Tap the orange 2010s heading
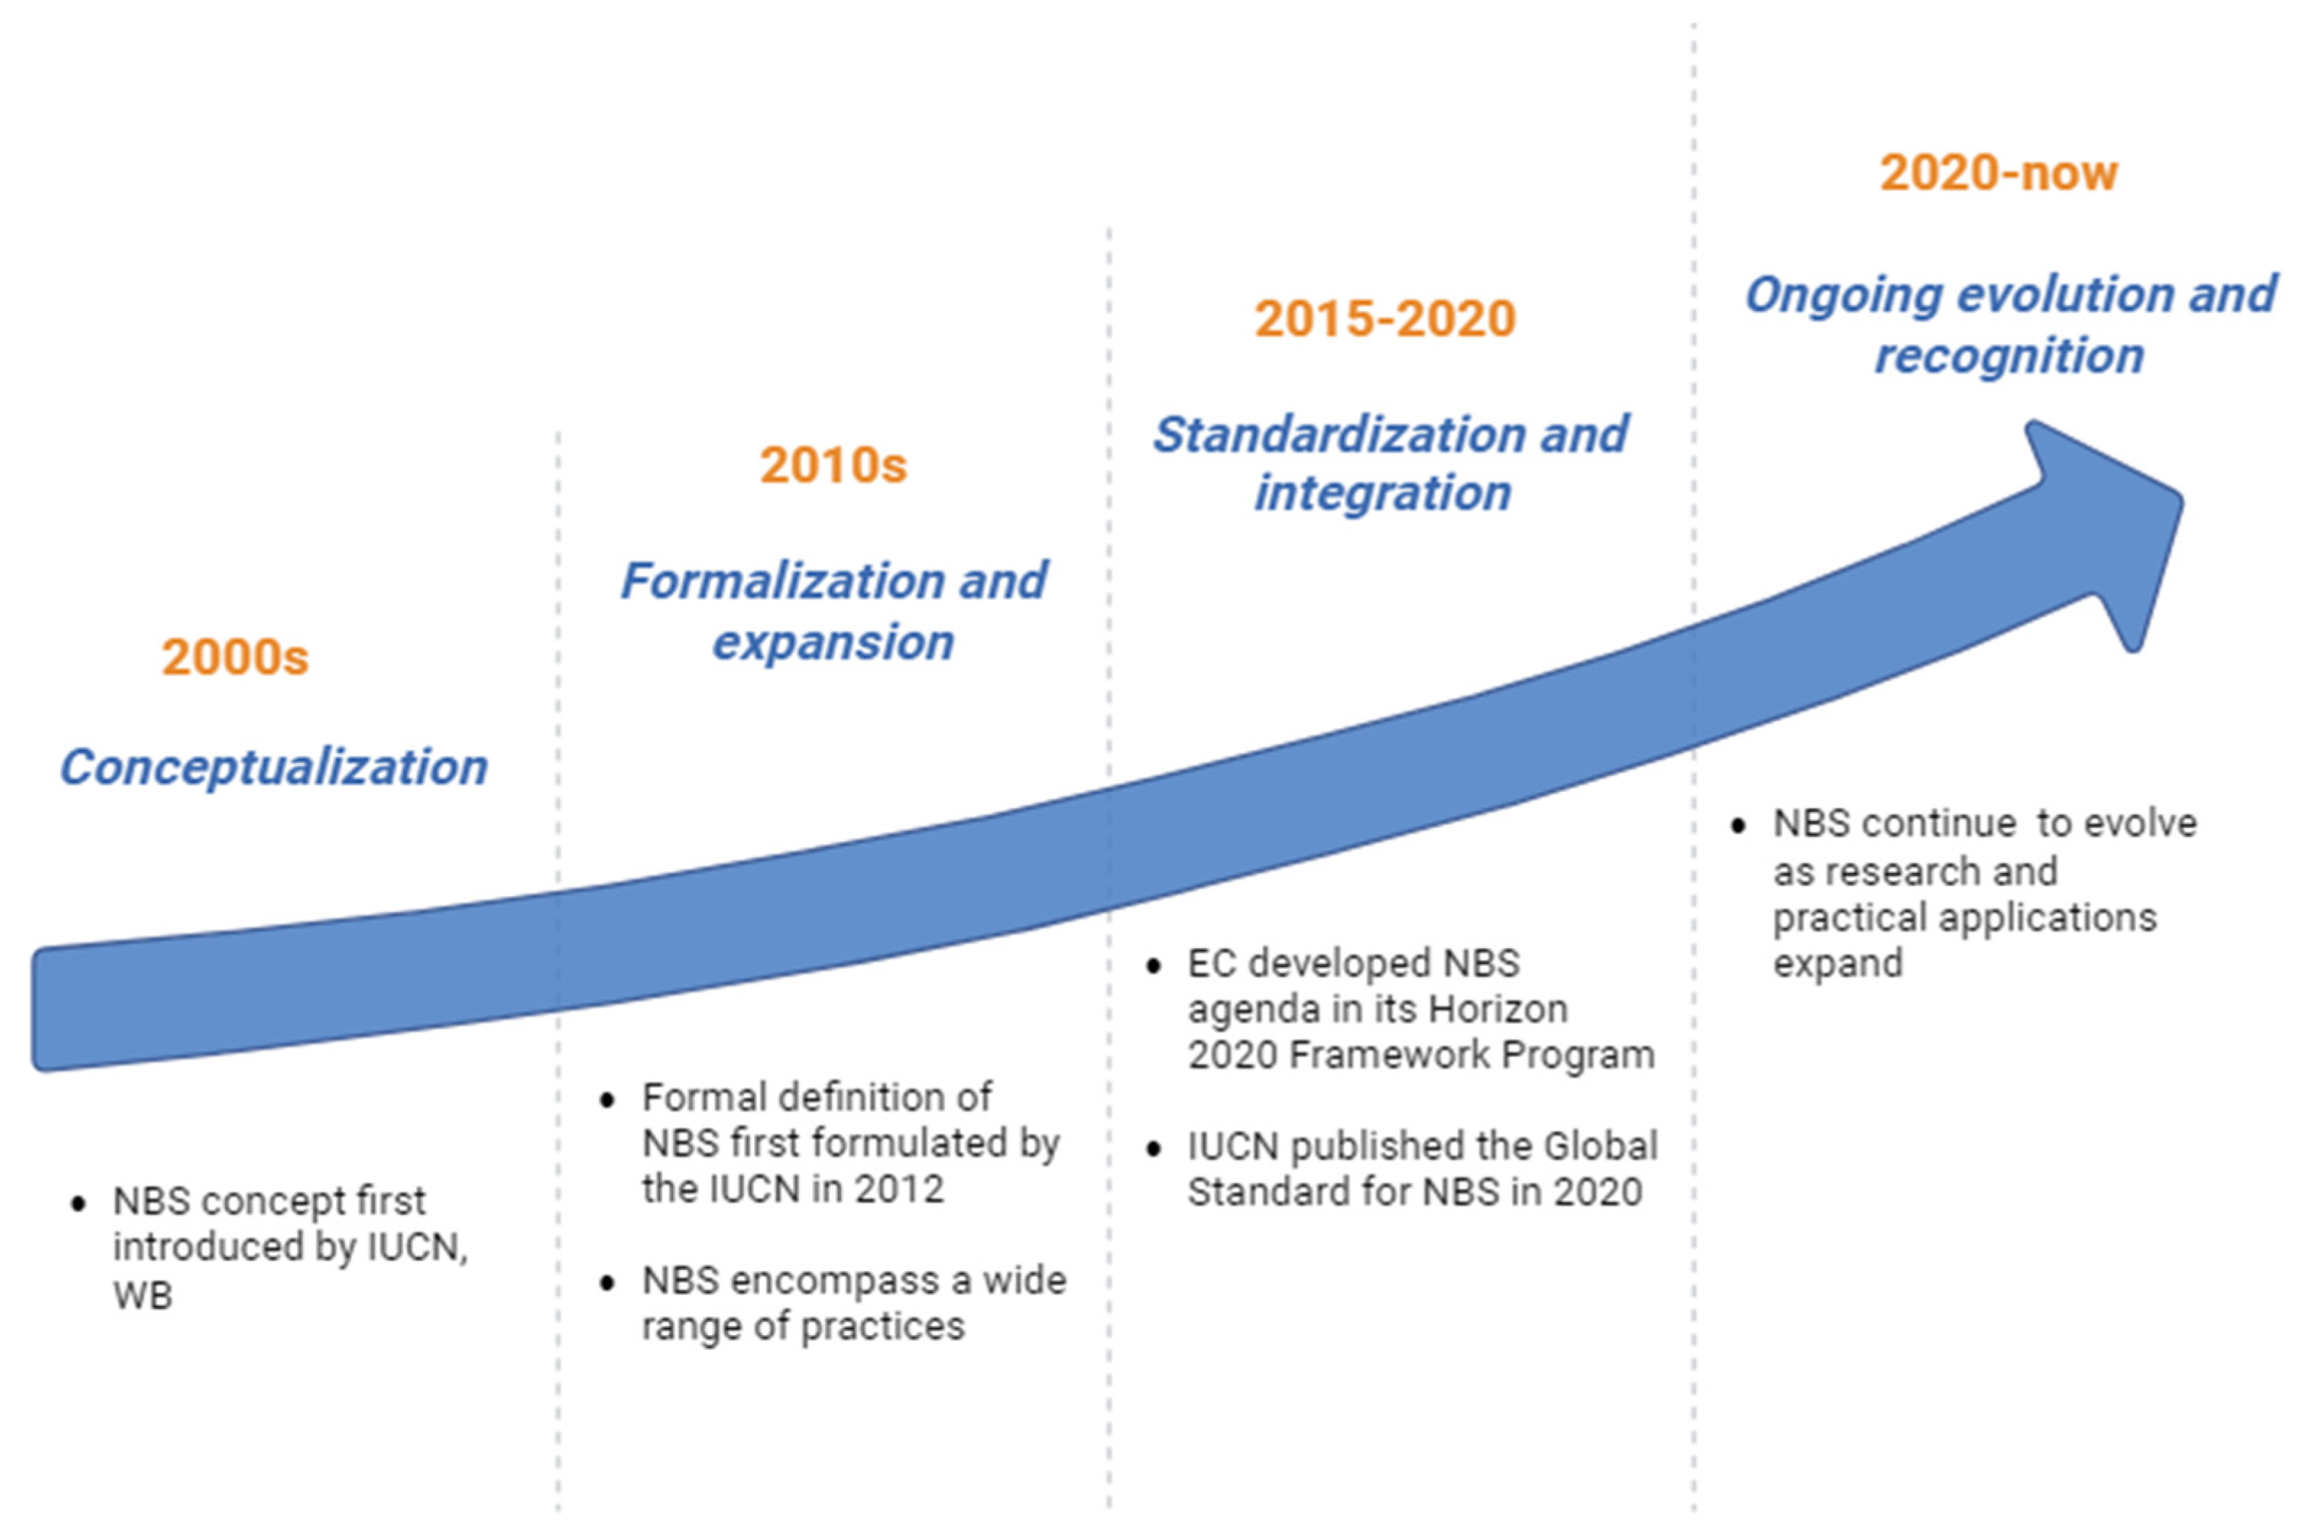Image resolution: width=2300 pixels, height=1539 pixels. (833, 464)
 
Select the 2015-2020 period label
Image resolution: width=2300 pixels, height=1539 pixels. (1385, 318)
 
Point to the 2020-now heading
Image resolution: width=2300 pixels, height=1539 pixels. (1998, 173)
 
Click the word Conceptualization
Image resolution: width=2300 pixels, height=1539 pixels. (274, 767)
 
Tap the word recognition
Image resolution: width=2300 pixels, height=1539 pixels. (2009, 355)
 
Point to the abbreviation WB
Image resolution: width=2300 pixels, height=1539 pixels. (142, 1295)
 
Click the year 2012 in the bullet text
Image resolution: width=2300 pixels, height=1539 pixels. (898, 1189)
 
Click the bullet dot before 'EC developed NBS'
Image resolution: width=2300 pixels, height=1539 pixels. (1153, 965)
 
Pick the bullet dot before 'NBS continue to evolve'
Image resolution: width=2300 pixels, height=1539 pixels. (1737, 825)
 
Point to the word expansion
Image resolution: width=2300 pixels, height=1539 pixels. (833, 643)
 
